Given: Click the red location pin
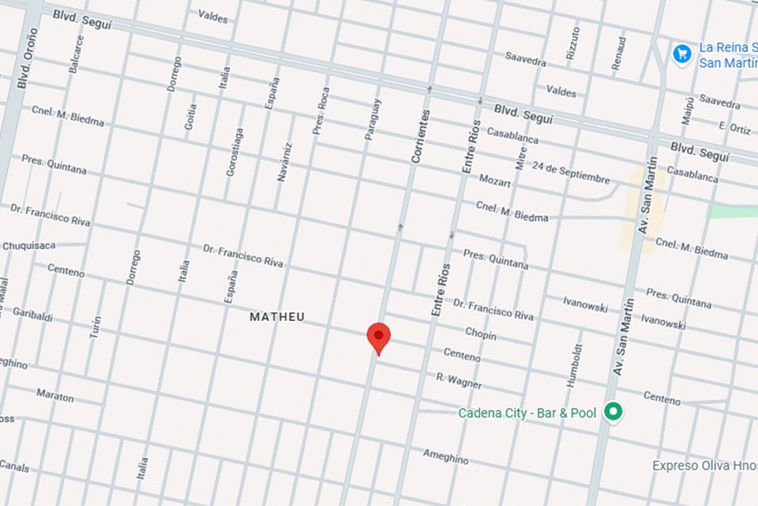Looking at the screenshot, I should (x=379, y=338).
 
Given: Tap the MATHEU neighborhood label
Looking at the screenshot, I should (x=277, y=317).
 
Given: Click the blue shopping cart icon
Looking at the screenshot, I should (x=682, y=54).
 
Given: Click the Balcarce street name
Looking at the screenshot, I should (x=76, y=54).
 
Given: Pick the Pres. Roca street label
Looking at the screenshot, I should (x=321, y=111).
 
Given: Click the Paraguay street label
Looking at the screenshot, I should (x=373, y=119).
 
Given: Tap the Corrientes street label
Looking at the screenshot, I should (x=422, y=136).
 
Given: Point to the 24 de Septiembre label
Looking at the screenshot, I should (x=571, y=172).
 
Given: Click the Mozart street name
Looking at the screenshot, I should (x=495, y=181).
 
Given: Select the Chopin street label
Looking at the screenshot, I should (x=480, y=334).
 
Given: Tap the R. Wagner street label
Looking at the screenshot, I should (x=459, y=381).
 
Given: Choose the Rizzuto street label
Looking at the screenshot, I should (x=573, y=44).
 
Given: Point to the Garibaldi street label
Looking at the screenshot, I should (x=32, y=314).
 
